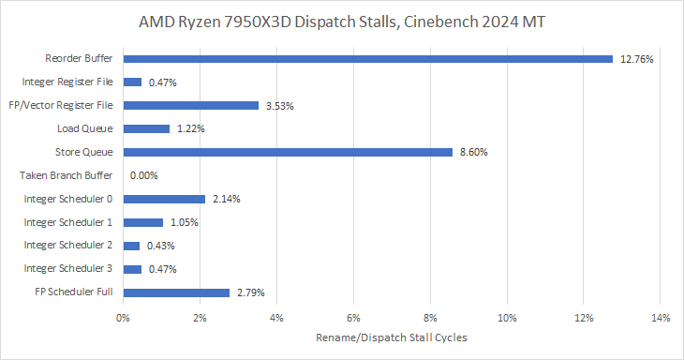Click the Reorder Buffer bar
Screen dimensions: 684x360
point(367,59)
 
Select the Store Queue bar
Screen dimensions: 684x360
point(288,152)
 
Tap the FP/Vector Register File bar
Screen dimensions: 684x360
point(190,106)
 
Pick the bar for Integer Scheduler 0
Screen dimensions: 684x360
point(164,199)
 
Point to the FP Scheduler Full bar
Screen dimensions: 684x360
point(176,292)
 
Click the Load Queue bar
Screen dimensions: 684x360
point(146,128)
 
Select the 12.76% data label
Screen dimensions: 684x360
point(637,59)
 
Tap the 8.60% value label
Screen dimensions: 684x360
point(474,152)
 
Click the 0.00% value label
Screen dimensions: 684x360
point(144,176)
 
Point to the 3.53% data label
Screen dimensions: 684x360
point(280,106)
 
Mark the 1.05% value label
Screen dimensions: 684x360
point(184,222)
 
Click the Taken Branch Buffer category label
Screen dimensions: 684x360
point(66,175)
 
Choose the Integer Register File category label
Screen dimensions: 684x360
point(67,82)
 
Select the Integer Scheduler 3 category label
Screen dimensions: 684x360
point(67,268)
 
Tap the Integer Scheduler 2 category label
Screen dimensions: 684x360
point(67,246)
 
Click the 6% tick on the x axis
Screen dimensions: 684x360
point(353,318)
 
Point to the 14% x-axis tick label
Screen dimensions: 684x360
point(661,318)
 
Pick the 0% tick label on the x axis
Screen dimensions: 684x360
point(123,318)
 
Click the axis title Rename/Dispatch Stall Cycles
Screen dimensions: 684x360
point(392,337)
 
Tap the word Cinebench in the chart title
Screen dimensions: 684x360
point(440,22)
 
